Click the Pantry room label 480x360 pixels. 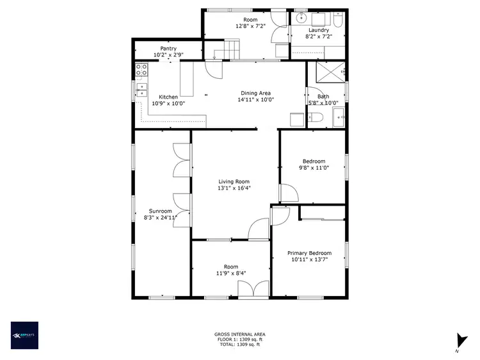(168, 48)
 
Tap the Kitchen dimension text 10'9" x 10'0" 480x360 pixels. (168, 103)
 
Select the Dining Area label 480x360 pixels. (255, 93)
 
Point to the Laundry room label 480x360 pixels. (318, 30)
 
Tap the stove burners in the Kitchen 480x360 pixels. (141, 70)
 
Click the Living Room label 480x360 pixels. (234, 182)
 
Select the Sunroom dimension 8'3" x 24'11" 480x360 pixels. (160, 218)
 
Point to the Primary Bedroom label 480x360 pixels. (311, 253)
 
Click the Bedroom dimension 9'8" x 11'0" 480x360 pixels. (314, 168)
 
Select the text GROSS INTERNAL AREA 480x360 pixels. (239, 334)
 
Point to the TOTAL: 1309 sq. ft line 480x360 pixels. (239, 345)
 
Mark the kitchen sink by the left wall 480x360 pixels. (141, 89)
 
